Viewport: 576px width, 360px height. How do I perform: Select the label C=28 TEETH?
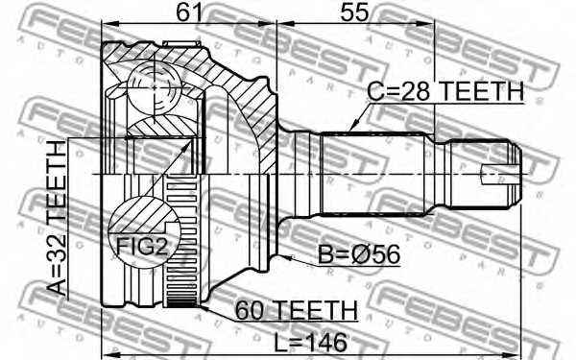(445, 91)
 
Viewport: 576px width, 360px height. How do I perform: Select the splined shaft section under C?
(374, 173)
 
